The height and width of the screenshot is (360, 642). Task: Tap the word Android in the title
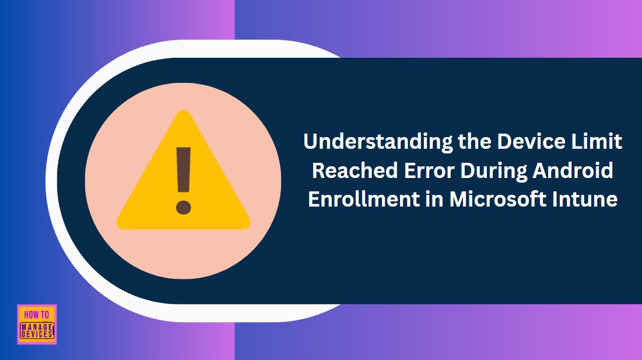coord(574,170)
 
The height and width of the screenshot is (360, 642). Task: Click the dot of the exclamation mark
coord(183,207)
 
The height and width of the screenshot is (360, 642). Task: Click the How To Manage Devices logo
coord(37,324)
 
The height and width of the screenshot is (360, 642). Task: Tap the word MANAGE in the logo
coord(37,327)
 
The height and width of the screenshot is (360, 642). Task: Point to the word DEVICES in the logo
coord(37,334)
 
